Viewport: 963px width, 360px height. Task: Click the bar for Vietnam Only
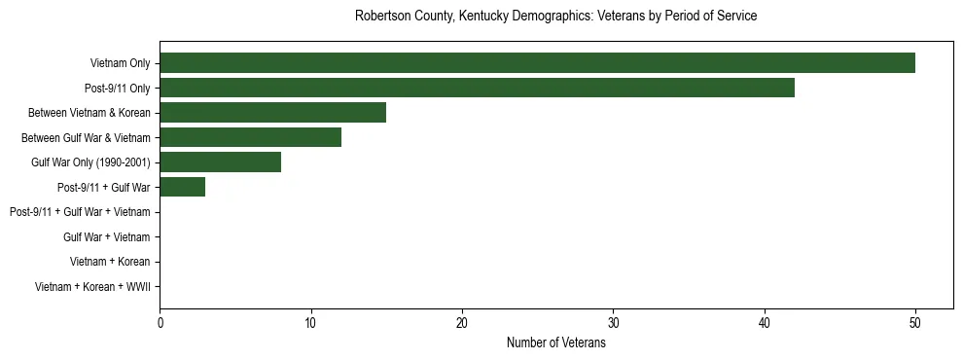point(537,63)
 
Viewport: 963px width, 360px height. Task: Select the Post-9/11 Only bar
point(477,88)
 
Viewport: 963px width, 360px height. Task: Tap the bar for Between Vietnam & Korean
point(272,113)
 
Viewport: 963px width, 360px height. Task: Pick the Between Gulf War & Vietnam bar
point(250,137)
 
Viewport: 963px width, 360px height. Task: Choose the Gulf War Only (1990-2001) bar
point(220,162)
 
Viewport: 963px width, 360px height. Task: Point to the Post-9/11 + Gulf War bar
point(182,187)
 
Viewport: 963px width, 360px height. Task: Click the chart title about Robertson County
point(555,17)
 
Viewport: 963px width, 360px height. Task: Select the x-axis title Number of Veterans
point(555,343)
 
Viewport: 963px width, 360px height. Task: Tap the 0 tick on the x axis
point(160,324)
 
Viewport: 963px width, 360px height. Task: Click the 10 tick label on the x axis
point(310,324)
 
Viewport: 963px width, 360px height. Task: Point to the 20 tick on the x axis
point(462,324)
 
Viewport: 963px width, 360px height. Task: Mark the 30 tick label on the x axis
point(613,324)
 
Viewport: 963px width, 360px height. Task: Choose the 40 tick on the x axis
point(765,324)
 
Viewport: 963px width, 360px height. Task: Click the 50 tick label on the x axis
point(915,324)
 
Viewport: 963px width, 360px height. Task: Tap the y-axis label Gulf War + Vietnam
point(106,237)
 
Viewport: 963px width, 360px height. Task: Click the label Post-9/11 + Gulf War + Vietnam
point(80,212)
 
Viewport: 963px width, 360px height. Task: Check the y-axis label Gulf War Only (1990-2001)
point(90,162)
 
